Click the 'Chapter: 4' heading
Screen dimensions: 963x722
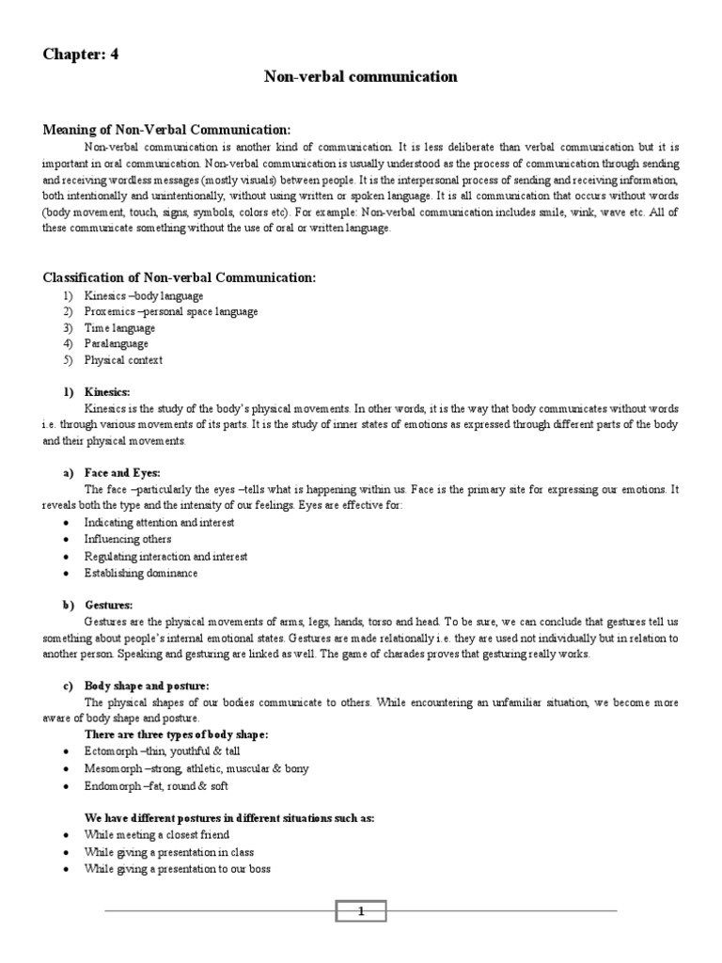(x=81, y=54)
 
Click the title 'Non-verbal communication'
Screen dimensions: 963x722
(x=360, y=77)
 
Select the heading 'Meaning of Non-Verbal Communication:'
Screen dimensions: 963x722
(x=167, y=129)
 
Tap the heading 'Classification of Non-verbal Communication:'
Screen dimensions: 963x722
(x=180, y=277)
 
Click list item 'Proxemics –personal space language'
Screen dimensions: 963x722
(x=171, y=311)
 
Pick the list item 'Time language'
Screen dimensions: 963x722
(x=119, y=328)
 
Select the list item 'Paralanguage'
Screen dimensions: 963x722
(x=117, y=344)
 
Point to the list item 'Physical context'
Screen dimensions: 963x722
(x=123, y=360)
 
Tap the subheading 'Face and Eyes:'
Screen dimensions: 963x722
(x=122, y=474)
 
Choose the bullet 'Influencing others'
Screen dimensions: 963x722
(x=128, y=540)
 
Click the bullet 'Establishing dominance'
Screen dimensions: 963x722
(x=141, y=573)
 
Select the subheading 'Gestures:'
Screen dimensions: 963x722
(x=109, y=605)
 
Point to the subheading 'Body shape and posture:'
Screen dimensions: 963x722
(x=147, y=686)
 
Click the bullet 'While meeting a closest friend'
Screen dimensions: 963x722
(x=156, y=835)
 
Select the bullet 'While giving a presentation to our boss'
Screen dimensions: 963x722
(x=177, y=869)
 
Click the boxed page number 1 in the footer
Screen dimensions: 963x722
(x=360, y=910)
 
